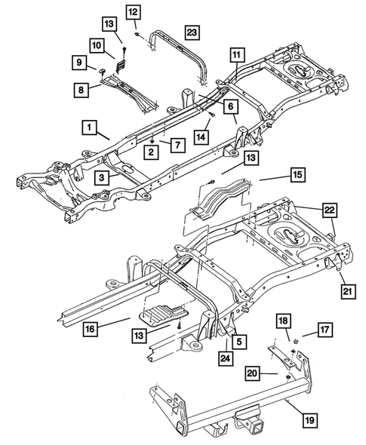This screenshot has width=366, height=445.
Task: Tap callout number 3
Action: point(100,177)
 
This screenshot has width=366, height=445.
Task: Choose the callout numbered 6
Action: point(230,108)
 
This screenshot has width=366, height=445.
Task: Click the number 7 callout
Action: point(176,143)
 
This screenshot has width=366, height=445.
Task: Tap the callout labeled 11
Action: point(236,55)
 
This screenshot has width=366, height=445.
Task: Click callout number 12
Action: point(133,12)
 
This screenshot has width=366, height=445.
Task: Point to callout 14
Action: point(201,136)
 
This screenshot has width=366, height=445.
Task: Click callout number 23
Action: point(191,32)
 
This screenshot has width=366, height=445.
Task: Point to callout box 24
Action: point(224,357)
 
